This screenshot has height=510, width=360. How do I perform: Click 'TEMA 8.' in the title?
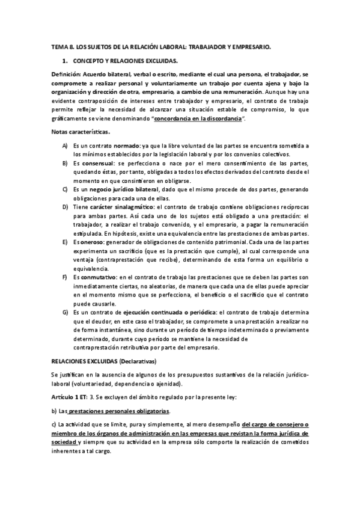(x=62, y=46)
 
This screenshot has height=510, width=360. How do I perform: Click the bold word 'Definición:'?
(x=69, y=73)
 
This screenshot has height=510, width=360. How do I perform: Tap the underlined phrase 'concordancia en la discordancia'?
(x=199, y=120)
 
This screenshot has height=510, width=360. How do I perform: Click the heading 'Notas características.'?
(x=81, y=132)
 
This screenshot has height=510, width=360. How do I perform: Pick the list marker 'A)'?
(x=65, y=146)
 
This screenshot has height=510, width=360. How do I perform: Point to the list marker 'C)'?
(x=65, y=189)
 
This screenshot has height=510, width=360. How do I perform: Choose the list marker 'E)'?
(x=65, y=242)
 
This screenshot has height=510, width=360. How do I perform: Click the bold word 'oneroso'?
(x=94, y=242)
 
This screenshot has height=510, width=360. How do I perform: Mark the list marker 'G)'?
(x=65, y=313)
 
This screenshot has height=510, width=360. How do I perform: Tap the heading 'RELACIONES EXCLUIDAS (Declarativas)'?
(x=103, y=361)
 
